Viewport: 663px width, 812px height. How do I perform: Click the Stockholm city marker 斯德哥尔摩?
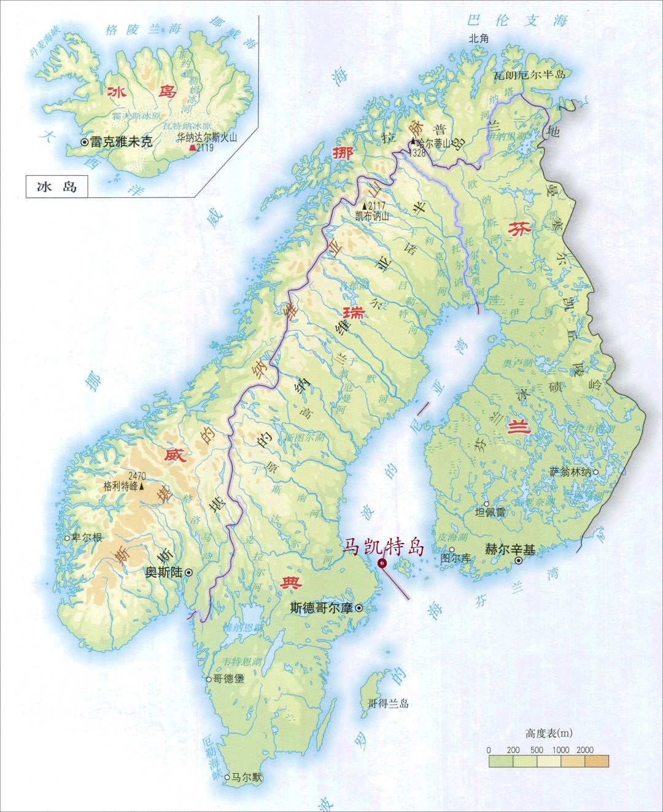click(x=358, y=608)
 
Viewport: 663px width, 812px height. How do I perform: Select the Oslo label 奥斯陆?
click(x=163, y=572)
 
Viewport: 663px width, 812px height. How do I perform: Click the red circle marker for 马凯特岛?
click(x=382, y=563)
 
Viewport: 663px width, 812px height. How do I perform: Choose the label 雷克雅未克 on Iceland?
click(x=121, y=142)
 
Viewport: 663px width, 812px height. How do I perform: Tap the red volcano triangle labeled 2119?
click(x=193, y=148)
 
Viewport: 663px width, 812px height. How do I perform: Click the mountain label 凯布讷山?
click(x=372, y=216)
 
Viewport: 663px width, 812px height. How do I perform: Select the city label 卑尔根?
click(x=87, y=537)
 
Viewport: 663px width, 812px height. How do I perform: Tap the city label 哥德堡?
click(x=228, y=679)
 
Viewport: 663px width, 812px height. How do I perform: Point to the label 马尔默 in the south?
click(x=247, y=778)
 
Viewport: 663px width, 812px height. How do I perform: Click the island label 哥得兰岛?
click(x=388, y=704)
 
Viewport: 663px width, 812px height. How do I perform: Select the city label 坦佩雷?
click(x=490, y=512)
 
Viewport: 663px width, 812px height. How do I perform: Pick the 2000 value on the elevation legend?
click(x=584, y=750)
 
